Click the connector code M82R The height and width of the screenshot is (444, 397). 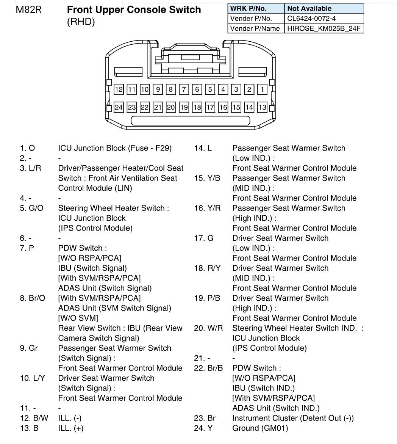coord(28,9)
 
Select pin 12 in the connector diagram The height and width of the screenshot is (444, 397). coord(119,89)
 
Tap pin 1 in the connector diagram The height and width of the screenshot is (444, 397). coord(262,89)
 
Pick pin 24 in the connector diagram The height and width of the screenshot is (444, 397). coord(119,107)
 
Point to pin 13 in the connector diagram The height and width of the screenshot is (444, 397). coord(262,107)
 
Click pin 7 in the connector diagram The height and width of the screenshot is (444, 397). coord(184,89)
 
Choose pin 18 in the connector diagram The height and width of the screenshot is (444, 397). coord(197,107)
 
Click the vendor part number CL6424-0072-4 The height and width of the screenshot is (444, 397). coord(311,19)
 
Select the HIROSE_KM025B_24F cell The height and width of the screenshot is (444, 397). coord(324,28)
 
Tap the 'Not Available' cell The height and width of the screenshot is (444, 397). coord(324,8)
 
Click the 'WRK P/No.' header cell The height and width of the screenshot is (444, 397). coord(256,8)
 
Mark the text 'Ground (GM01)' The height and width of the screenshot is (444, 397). coord(260,428)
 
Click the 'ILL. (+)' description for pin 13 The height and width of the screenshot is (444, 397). coord(71,428)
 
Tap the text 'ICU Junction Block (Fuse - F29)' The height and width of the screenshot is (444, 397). coord(115,148)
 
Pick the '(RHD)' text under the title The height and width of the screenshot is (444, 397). coord(81,22)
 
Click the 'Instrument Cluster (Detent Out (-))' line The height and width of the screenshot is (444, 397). coord(293,418)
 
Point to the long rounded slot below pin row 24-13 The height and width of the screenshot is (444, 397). coord(191,121)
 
